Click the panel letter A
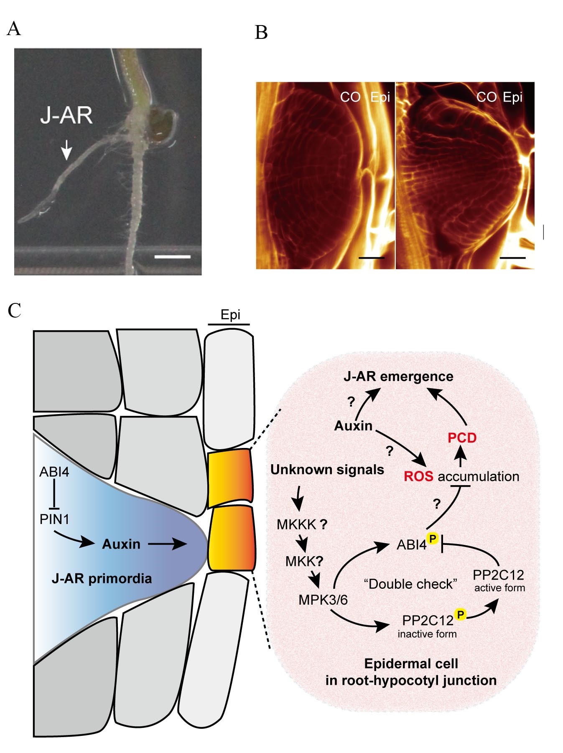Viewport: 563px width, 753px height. click(x=14, y=29)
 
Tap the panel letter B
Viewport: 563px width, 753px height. click(x=261, y=32)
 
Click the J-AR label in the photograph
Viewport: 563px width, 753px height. click(x=66, y=115)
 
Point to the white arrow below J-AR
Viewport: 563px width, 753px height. click(x=66, y=150)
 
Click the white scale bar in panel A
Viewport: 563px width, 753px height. click(x=172, y=257)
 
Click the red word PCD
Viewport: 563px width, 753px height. click(x=462, y=438)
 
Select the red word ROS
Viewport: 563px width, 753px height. click(x=418, y=476)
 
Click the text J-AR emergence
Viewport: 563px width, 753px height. click(x=398, y=376)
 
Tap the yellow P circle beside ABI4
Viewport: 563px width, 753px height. click(x=433, y=538)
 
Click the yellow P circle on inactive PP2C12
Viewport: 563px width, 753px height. click(x=460, y=614)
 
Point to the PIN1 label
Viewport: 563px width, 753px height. click(x=54, y=519)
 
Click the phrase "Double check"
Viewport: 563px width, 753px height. click(x=410, y=584)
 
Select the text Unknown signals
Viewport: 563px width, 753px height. click(x=327, y=470)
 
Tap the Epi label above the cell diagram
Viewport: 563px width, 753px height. click(x=230, y=315)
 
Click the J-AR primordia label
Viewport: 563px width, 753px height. click(x=102, y=578)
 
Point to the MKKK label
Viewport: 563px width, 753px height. click(x=297, y=524)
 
